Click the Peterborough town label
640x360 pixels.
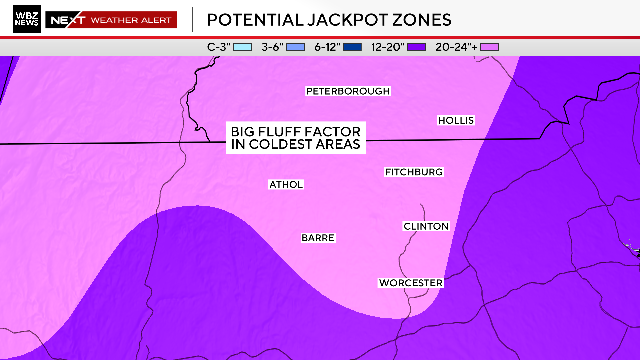click(347, 92)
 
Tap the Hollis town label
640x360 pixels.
click(456, 121)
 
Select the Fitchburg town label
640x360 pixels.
click(414, 173)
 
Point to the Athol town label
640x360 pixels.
click(286, 185)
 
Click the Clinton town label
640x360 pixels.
click(426, 227)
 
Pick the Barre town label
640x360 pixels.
click(318, 238)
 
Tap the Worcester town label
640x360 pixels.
click(410, 284)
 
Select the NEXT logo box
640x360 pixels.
click(66, 19)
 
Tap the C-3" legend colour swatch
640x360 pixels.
click(241, 47)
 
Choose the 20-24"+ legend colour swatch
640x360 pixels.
click(489, 47)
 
